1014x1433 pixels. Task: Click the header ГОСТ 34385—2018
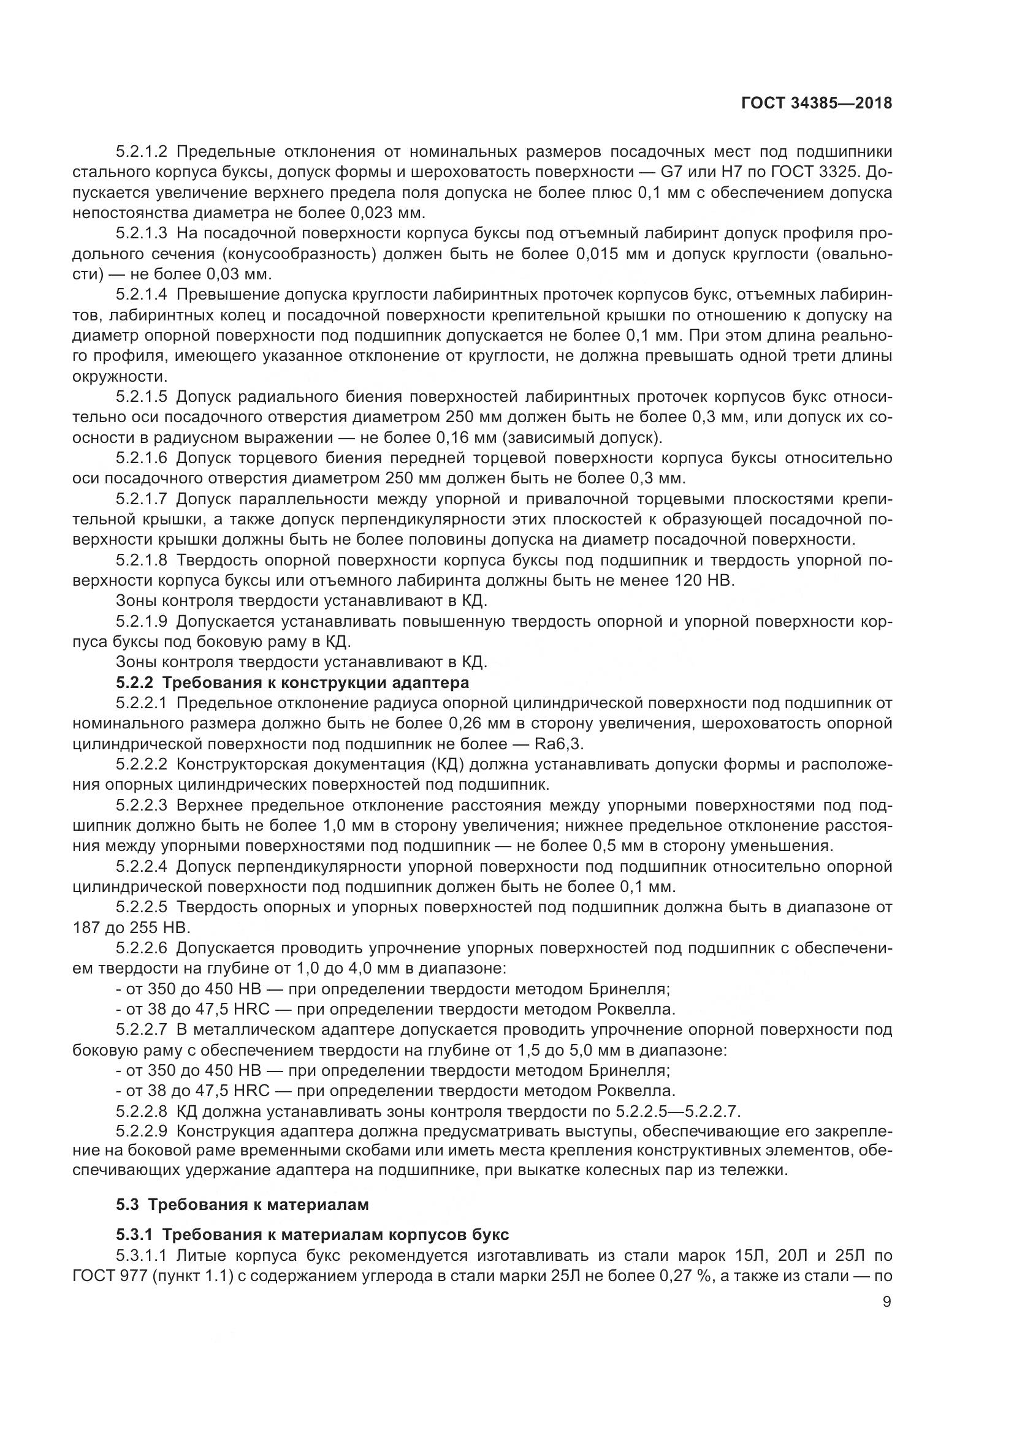point(816,104)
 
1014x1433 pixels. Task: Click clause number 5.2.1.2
point(142,153)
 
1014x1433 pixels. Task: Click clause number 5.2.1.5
point(142,397)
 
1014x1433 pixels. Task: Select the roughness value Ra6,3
point(560,744)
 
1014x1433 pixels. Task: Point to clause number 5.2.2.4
point(142,866)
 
